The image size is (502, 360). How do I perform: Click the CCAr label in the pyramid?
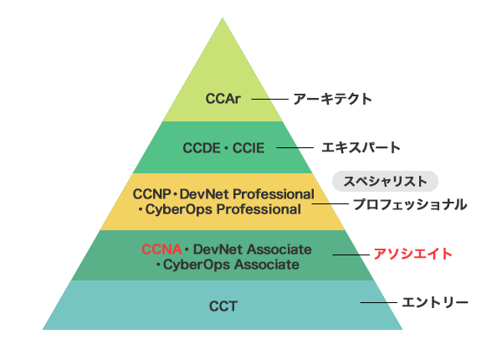223,99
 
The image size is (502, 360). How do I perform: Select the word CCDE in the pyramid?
202,148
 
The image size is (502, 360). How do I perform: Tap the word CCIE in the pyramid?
248,148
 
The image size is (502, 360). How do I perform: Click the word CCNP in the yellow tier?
151,194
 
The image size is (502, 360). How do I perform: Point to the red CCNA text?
161,249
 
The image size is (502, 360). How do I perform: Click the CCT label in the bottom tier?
223,306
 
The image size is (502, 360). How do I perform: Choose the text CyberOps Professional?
223,210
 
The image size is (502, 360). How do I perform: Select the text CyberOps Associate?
231,265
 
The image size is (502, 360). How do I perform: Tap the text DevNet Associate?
253,249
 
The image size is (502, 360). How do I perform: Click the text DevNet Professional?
247,194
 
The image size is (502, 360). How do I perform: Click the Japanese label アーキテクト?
333,99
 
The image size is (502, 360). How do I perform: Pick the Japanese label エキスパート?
361,147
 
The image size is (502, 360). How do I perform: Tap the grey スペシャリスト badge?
385,182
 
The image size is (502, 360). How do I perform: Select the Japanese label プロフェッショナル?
410,204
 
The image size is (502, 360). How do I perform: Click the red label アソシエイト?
413,254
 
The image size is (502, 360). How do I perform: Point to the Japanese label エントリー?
435,302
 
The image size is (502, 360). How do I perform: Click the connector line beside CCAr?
270,100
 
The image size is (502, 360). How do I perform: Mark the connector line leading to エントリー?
378,302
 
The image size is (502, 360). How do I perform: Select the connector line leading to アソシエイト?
351,255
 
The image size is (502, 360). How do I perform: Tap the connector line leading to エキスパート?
295,147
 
